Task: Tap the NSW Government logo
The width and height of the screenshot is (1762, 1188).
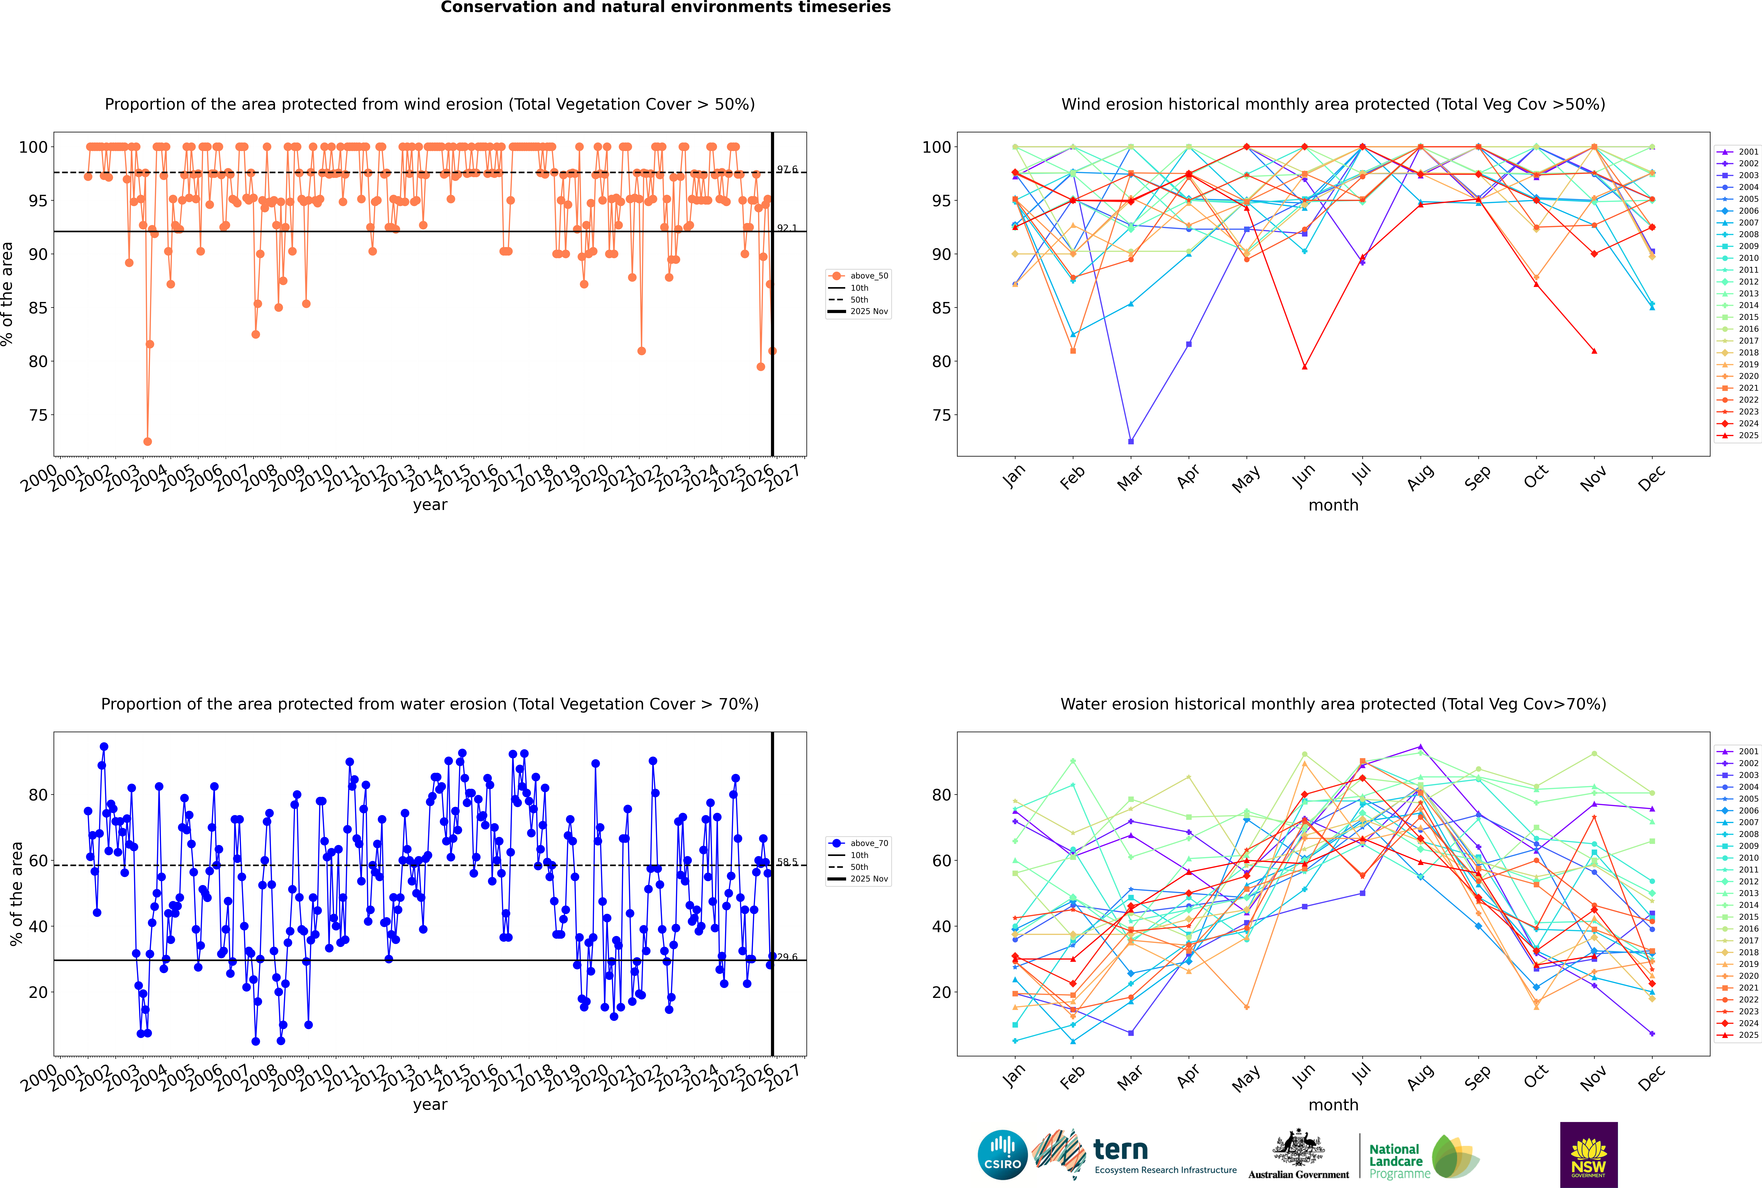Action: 1588,1155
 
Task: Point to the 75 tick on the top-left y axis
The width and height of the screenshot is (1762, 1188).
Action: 38,415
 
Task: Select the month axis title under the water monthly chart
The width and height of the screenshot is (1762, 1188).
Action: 1333,1105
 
